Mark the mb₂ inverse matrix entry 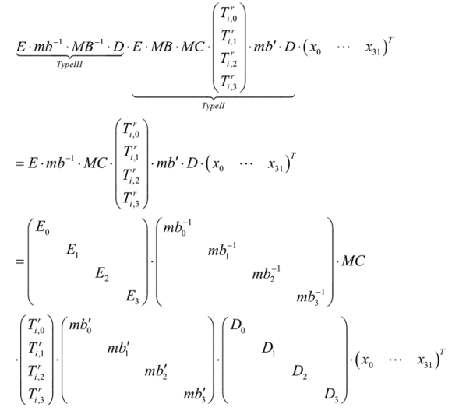[270, 273]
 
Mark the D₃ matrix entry [333, 391]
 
